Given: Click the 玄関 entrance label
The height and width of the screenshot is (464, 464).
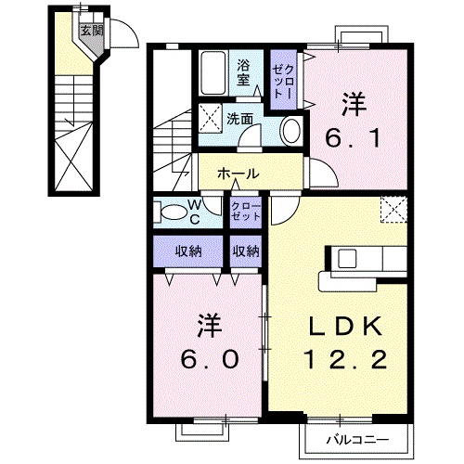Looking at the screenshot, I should coord(90,31).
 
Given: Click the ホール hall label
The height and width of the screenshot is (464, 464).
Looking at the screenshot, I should coord(238,174).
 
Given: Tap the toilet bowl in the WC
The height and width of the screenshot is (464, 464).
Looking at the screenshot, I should coord(173,213).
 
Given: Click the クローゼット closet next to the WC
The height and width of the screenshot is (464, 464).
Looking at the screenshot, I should coord(245,210).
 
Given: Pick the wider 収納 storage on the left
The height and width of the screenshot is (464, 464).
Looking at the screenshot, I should coord(188,251).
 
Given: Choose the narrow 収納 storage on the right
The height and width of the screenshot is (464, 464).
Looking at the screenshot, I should coord(245,251).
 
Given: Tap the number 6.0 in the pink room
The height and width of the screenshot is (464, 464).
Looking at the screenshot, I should coord(210,343).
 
